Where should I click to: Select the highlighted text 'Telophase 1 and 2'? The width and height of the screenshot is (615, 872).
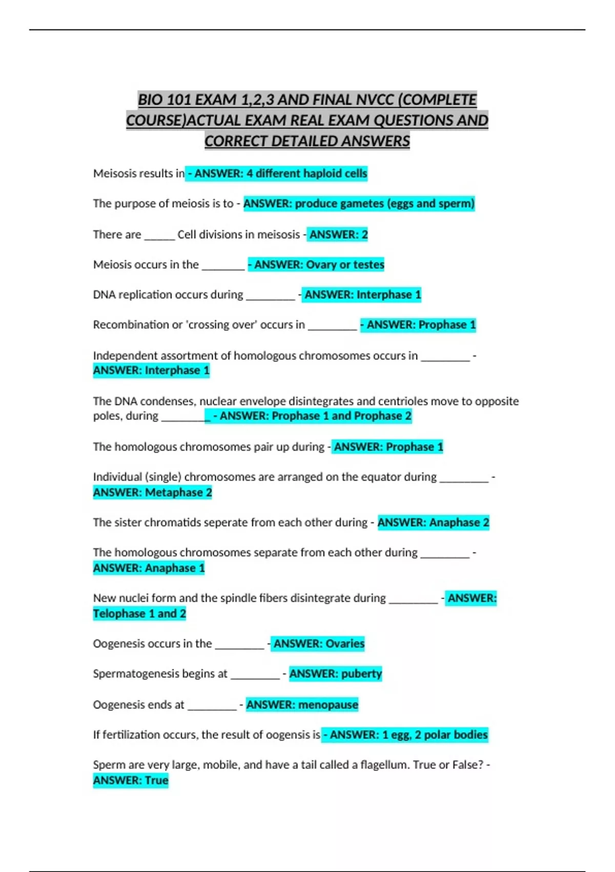click(139, 613)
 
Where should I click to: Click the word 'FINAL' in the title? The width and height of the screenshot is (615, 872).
click(333, 100)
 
